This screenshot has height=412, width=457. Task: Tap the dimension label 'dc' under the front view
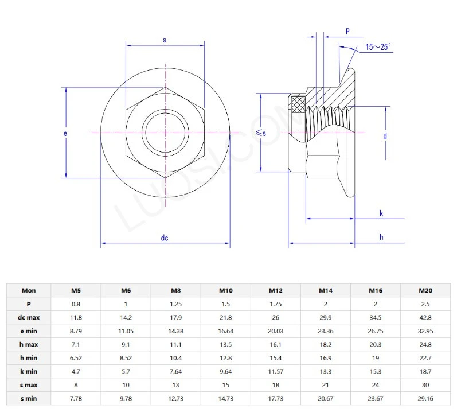pyautogui.click(x=165, y=238)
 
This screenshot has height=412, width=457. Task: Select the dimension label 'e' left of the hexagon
pyautogui.click(x=65, y=133)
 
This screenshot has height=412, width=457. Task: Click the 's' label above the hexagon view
pyautogui.click(x=165, y=40)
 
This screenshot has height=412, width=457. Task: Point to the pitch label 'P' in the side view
pyautogui.click(x=348, y=30)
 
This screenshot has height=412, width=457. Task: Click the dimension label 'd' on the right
pyautogui.click(x=385, y=136)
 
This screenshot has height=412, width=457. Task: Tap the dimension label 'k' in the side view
pyautogui.click(x=381, y=213)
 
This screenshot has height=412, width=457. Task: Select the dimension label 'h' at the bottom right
pyautogui.click(x=381, y=237)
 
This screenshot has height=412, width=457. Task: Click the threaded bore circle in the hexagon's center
pyautogui.click(x=165, y=133)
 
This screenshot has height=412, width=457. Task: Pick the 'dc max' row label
pyautogui.click(x=28, y=317)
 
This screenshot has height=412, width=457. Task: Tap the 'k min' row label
pyautogui.click(x=28, y=371)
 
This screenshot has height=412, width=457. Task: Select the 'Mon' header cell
pyautogui.click(x=28, y=290)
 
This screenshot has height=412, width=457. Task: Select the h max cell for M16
pyautogui.click(x=376, y=344)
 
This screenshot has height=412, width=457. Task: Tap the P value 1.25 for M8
pyautogui.click(x=176, y=304)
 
